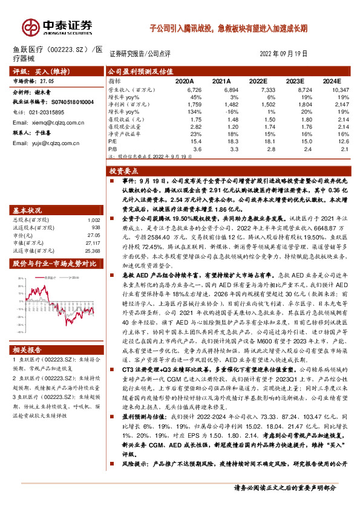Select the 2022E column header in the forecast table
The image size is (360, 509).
(x=258, y=80)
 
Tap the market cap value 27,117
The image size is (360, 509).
(x=93, y=242)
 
